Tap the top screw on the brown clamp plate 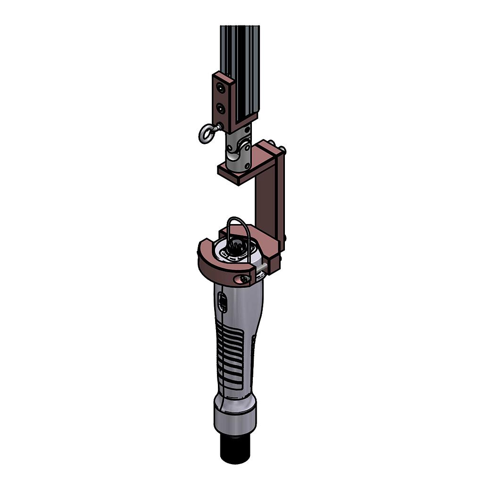[220, 88]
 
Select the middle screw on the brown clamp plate [220, 108]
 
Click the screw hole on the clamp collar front [243, 279]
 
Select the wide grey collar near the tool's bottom [234, 415]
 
